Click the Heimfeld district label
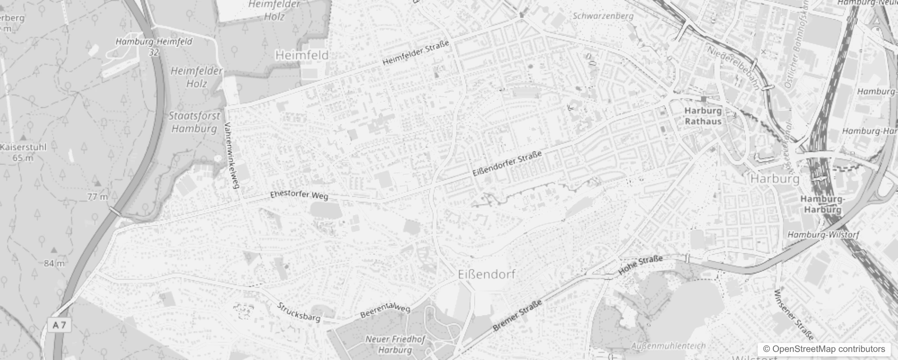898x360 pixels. (x=302, y=55)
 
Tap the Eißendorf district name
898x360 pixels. (x=486, y=274)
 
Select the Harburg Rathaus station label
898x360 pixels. (x=703, y=116)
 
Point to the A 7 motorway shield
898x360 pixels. (x=59, y=325)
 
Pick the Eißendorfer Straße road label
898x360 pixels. (x=507, y=164)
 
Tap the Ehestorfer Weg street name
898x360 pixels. (x=299, y=195)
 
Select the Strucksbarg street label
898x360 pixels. (x=299, y=312)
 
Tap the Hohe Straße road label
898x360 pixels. (x=641, y=265)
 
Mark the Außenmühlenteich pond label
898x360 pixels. (x=668, y=346)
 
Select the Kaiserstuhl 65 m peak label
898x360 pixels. (x=23, y=152)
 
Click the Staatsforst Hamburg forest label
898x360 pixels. (x=194, y=122)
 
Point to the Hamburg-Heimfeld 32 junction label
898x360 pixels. (x=154, y=46)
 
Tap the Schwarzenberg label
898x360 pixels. (x=603, y=16)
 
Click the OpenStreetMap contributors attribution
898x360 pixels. (x=824, y=349)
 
